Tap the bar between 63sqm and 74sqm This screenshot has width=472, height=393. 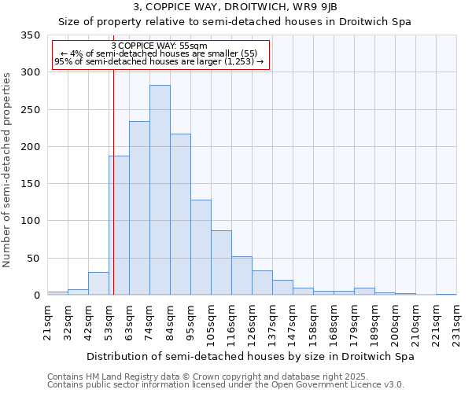click(139, 208)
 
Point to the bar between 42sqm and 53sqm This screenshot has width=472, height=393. click(98, 284)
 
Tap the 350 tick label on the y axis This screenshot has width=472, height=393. click(30, 35)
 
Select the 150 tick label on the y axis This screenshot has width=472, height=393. click(30, 184)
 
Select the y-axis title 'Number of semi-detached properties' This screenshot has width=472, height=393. click(8, 170)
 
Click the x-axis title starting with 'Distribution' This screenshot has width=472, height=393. click(250, 356)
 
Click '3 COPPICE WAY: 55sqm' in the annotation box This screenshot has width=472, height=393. click(160, 46)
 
